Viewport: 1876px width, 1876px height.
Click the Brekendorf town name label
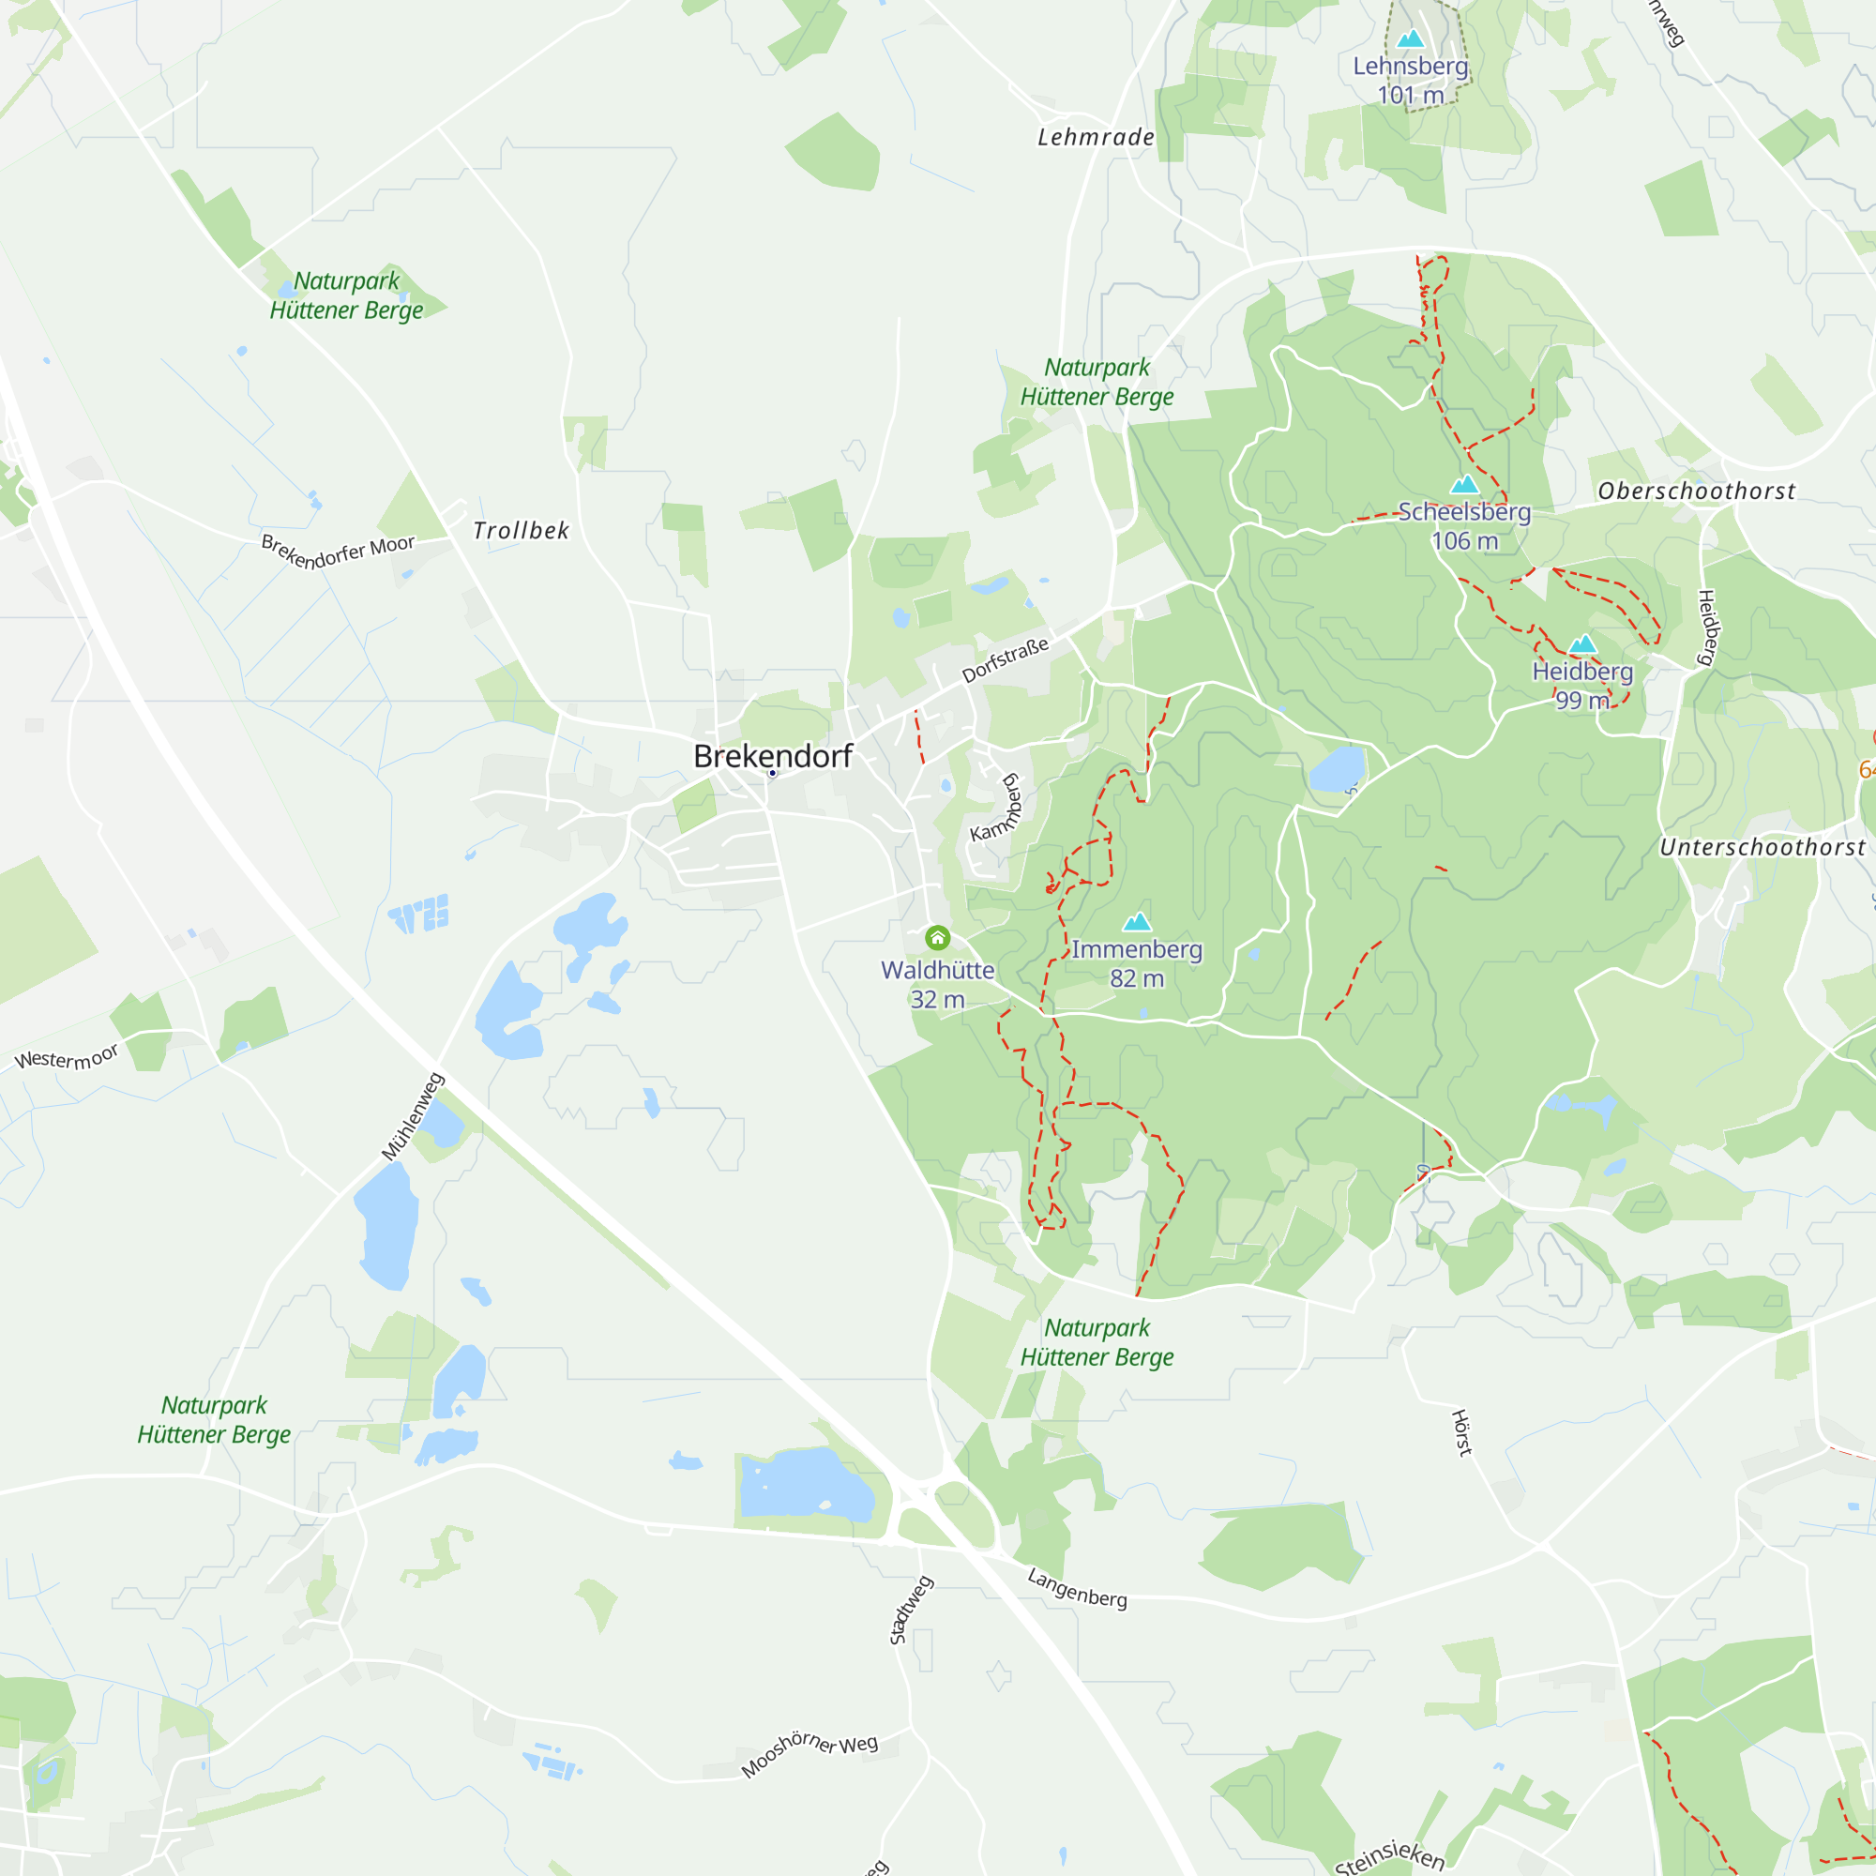coord(772,755)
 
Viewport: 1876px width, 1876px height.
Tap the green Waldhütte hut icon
coord(937,937)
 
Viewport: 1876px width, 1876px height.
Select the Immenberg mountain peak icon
coord(1136,921)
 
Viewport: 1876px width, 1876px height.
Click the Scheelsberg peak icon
coord(1464,485)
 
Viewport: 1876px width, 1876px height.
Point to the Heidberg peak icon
coord(1582,643)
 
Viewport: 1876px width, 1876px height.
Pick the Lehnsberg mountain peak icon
coord(1410,38)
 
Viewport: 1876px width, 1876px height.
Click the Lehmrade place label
coord(1097,137)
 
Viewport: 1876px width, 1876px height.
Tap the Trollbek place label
coord(522,530)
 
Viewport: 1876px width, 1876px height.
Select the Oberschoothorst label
coord(1696,491)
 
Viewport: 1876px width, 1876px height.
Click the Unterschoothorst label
coord(1762,847)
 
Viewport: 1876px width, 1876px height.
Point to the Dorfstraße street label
coord(1005,660)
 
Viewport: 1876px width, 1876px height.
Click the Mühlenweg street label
coord(413,1115)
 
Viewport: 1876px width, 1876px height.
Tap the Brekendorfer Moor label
coord(337,552)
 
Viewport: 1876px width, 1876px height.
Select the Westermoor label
coord(67,1056)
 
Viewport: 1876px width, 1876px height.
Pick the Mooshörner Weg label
coord(809,1755)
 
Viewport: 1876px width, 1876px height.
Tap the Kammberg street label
coord(997,807)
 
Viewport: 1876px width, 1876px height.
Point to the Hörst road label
coord(1461,1432)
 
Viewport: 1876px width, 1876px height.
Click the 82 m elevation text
coord(1136,977)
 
